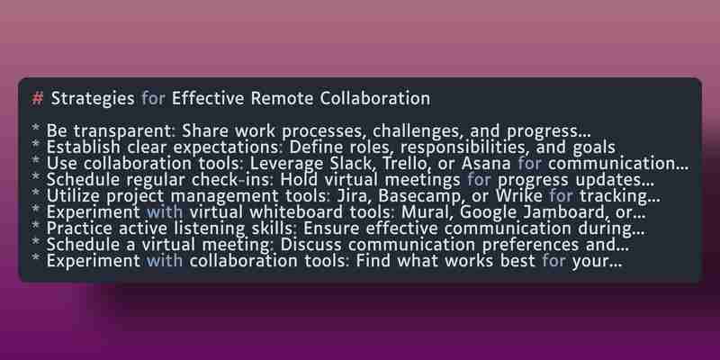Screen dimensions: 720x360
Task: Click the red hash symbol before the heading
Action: pyautogui.click(x=37, y=99)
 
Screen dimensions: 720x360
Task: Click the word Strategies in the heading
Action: pyautogui.click(x=93, y=99)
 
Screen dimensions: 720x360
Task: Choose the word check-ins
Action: pyautogui.click(x=234, y=180)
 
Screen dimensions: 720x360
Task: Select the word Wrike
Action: pyautogui.click(x=519, y=196)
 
